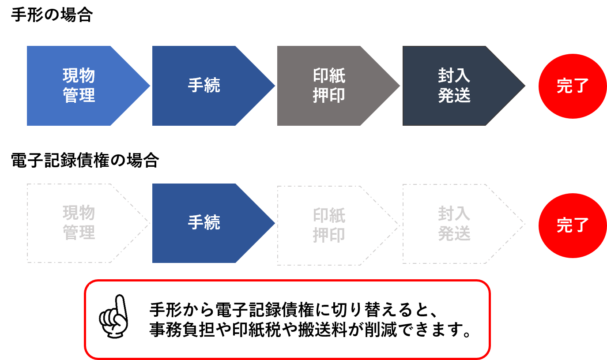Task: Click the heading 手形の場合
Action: click(x=52, y=15)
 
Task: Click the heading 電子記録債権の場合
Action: click(x=85, y=160)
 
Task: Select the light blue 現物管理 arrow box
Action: click(x=88, y=86)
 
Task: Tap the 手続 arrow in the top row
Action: click(x=214, y=86)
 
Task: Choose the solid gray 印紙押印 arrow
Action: click(x=339, y=86)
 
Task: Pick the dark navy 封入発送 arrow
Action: click(x=464, y=86)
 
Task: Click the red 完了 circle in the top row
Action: click(x=573, y=86)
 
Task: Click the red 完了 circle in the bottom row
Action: click(x=573, y=225)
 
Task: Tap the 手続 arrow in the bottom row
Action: click(x=214, y=223)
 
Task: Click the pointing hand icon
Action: click(x=114, y=316)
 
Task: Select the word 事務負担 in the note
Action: click(x=182, y=330)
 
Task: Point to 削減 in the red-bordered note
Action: click(x=381, y=330)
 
